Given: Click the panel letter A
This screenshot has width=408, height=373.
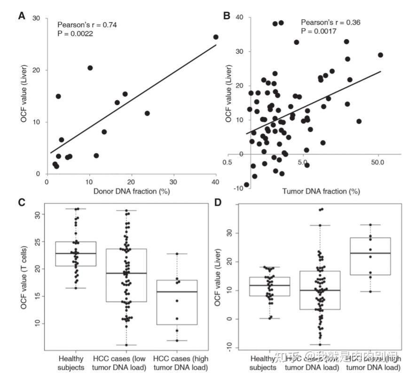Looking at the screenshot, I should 22,16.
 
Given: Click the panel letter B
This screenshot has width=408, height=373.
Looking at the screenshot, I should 226,16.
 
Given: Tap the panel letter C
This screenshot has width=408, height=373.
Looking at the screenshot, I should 22,203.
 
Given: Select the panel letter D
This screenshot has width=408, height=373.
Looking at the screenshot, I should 217,203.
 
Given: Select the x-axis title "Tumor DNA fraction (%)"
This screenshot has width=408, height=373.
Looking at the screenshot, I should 322,191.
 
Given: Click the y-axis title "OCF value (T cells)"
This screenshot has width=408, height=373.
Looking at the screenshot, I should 24,277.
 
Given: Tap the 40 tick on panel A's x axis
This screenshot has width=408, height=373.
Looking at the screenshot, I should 216,182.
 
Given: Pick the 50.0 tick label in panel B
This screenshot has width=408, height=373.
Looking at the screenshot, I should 378,162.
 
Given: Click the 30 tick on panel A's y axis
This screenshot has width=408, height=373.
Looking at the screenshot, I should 37,18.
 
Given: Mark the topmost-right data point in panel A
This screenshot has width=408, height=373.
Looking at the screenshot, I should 216,37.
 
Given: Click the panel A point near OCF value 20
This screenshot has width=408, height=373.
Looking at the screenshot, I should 90,68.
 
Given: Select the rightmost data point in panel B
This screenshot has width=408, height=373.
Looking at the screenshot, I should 380,55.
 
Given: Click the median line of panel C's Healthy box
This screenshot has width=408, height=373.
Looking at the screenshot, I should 76,253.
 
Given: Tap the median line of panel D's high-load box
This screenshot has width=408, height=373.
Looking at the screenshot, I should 370,253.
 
